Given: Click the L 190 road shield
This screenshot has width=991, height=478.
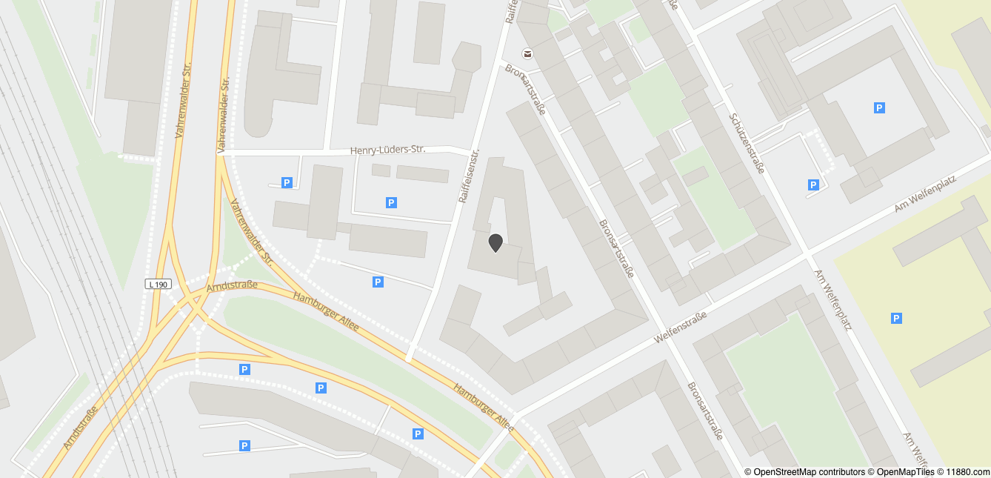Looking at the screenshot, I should click(158, 284).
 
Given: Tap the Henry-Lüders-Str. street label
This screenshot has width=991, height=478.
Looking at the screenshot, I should click(387, 150).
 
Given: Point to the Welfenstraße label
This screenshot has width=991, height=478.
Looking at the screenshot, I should click(681, 328).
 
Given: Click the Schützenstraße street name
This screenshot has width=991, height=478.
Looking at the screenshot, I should click(746, 143).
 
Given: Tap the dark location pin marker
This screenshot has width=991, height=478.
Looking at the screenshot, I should click(495, 242).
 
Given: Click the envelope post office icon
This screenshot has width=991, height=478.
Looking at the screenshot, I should click(527, 53).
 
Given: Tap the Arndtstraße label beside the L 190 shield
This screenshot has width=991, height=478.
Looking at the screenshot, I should click(232, 285).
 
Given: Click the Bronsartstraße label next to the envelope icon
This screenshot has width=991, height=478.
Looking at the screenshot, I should click(526, 90).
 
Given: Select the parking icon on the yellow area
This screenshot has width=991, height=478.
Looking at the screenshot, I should click(896, 319).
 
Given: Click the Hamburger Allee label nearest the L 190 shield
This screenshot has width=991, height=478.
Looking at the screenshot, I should click(326, 313).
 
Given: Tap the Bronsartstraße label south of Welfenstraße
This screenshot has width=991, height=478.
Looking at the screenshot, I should click(704, 411).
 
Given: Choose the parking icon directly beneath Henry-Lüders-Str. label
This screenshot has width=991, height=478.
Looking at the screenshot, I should click(391, 202).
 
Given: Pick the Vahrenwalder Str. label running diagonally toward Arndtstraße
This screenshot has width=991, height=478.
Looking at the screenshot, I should click(251, 233).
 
